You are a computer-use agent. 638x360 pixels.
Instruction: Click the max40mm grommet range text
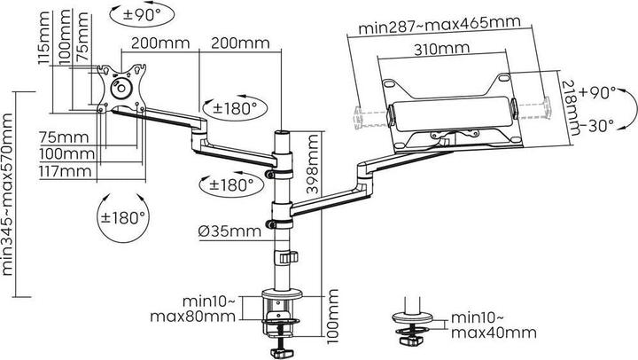point(494,333)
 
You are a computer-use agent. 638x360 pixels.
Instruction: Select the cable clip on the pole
point(286,257)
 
